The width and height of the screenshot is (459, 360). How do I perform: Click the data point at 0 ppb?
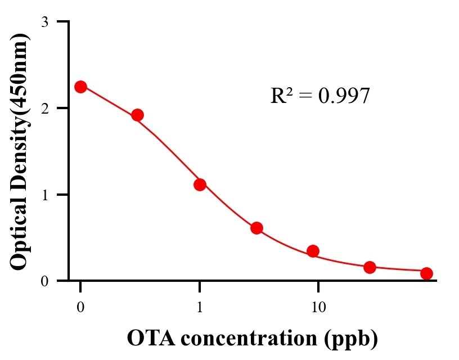click(80, 87)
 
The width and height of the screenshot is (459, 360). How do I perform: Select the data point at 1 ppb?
click(200, 184)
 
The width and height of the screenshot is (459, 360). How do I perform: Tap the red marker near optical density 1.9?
click(137, 115)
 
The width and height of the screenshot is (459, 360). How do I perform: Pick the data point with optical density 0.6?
click(256, 228)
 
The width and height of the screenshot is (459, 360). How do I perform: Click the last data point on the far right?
click(426, 273)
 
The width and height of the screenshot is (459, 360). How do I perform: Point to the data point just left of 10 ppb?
click(313, 251)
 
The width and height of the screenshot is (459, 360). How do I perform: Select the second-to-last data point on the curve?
click(370, 267)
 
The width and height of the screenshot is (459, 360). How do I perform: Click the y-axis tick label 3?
click(44, 22)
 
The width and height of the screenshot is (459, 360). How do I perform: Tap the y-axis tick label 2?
click(44, 108)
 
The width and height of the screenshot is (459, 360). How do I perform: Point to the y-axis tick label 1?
click(44, 195)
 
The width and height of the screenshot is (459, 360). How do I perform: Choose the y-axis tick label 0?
click(44, 281)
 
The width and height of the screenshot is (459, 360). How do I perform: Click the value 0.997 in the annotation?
click(344, 96)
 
